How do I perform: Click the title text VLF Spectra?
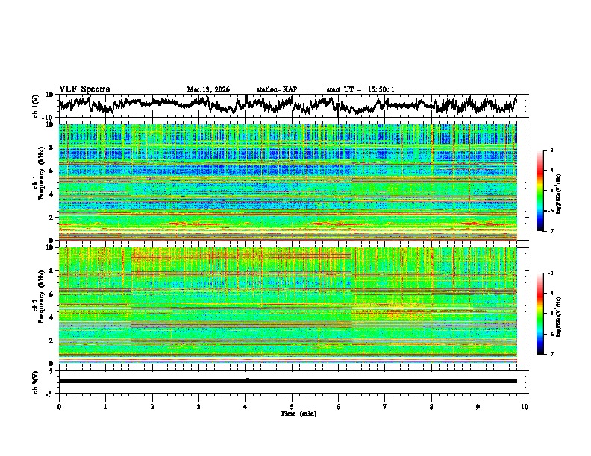[84, 89]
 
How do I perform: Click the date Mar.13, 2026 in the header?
[208, 89]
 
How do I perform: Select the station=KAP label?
[277, 89]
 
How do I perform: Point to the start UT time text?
[360, 89]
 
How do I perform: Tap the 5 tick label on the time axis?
[292, 406]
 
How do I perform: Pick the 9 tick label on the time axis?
[478, 406]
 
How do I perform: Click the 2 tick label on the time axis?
[152, 406]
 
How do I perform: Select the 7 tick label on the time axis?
[385, 406]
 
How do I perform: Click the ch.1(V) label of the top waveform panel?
[37, 106]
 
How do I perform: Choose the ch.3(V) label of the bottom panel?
[37, 380]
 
